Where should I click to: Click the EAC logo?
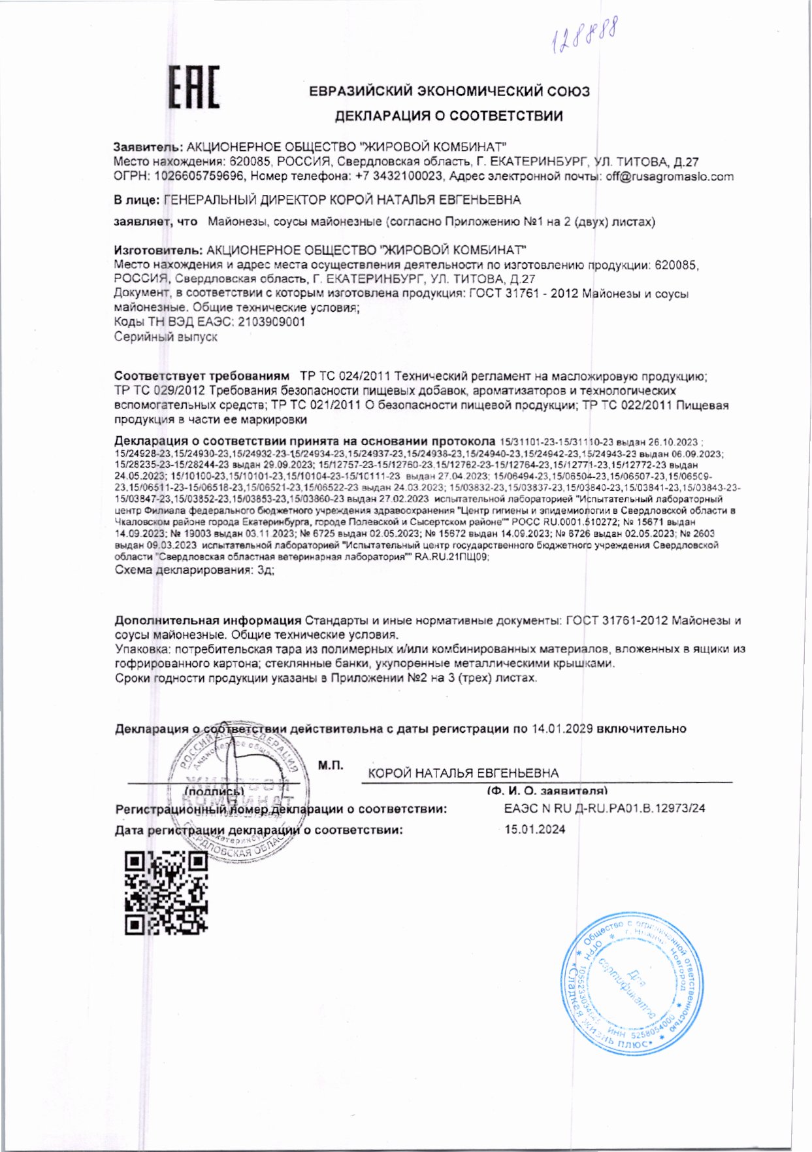194,87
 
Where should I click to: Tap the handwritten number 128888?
585,36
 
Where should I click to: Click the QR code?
166,892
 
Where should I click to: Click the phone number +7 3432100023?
399,177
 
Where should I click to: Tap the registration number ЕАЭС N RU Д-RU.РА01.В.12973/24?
604,808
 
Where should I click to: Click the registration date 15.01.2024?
534,830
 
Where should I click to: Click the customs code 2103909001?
271,322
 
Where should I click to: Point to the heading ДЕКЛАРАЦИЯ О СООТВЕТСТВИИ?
449,116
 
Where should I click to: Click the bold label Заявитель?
148,146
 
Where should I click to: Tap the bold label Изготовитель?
157,250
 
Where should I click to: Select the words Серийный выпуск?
165,337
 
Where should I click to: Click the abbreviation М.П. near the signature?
331,765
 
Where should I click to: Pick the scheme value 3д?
265,569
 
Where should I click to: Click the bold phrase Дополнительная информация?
208,620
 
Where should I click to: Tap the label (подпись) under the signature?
214,791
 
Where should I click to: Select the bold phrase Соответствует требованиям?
201,376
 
